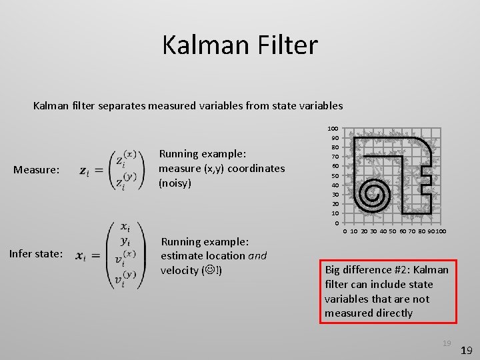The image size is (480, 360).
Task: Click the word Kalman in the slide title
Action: (201, 45)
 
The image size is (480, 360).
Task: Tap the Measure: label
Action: (37, 170)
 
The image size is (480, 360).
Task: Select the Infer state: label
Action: (37, 253)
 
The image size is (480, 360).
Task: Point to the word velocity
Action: (181, 270)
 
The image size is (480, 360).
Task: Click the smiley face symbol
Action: (212, 270)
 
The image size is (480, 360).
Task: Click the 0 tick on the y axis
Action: (337, 223)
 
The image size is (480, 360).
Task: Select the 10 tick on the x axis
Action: (354, 231)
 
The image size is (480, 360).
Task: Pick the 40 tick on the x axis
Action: (383, 231)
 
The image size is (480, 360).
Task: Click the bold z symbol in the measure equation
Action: (84, 171)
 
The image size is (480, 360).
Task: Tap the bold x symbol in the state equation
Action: (80, 255)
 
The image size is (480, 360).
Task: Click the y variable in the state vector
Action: (124, 241)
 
